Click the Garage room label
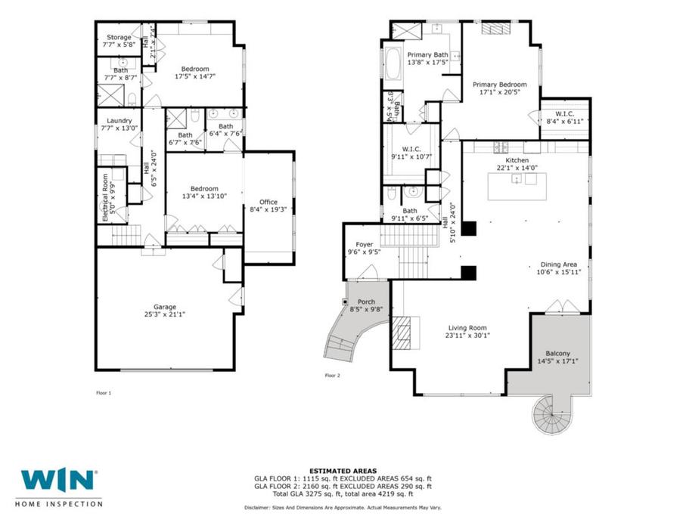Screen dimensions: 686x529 [165, 307]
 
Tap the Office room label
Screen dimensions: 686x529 [269, 202]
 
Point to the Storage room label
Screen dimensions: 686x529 [119, 37]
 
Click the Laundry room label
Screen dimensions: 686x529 [120, 121]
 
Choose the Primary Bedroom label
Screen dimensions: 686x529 [500, 85]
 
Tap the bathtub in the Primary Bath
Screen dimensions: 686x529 [393, 63]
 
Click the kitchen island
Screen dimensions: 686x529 [517, 186]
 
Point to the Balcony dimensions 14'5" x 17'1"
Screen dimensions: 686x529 [558, 361]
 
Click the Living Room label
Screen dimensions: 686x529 [467, 328]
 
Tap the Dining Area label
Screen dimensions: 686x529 [559, 264]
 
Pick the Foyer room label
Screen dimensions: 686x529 [365, 244]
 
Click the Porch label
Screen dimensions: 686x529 [366, 302]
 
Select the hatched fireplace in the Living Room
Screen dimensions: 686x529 [401, 333]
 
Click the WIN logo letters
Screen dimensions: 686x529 [57, 480]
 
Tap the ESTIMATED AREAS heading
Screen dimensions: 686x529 [343, 471]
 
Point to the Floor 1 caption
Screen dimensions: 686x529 [104, 393]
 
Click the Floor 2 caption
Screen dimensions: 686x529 [333, 375]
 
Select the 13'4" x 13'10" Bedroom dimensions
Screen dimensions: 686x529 [204, 196]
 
